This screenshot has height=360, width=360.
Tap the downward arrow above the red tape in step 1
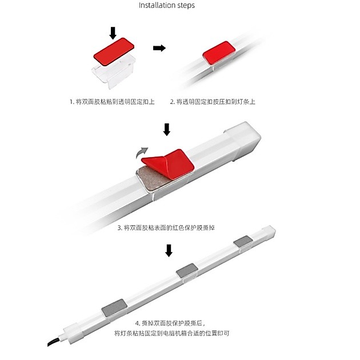click(113, 33)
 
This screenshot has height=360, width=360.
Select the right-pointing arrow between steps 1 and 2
click(159, 48)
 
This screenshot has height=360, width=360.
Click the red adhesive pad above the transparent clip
click(114, 52)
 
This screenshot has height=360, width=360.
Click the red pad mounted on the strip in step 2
click(219, 53)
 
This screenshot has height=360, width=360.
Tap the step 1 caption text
click(112, 102)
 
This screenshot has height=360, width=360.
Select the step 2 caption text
click(213, 102)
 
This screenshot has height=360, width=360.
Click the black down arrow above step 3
click(167, 130)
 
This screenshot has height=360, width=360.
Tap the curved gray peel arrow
click(142, 153)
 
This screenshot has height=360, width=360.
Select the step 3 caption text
click(166, 228)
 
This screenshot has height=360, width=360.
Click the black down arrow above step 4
click(169, 250)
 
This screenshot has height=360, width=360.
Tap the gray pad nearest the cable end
click(114, 308)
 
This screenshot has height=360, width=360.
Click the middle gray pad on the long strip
click(187, 270)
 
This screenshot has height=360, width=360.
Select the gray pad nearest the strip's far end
click(243, 241)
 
